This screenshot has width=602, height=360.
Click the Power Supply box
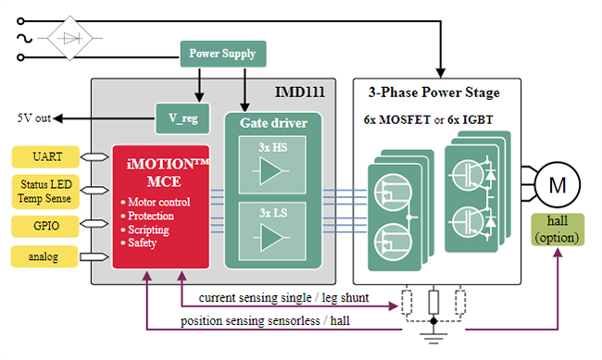[x=221, y=53]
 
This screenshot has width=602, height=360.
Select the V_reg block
[x=182, y=118]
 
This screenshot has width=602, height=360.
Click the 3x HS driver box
[x=273, y=168]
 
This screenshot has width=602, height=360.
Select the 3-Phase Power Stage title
[x=433, y=93]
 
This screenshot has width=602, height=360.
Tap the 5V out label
[x=32, y=118]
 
